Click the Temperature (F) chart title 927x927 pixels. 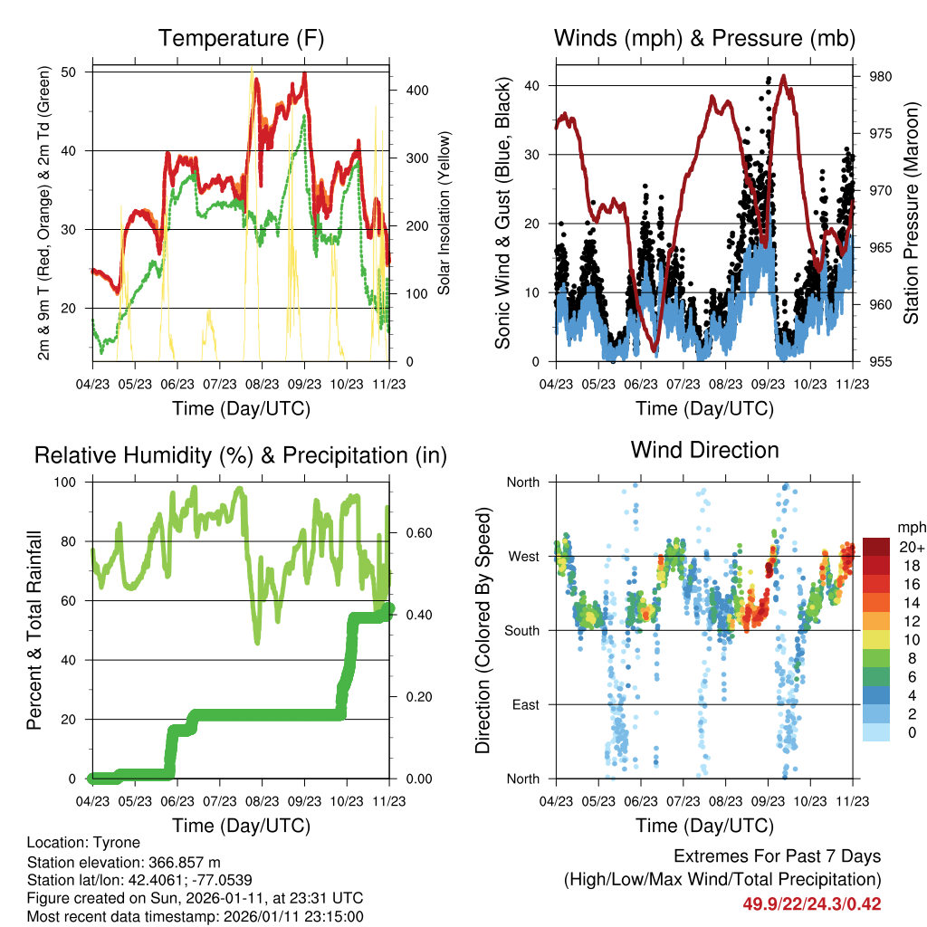(241, 38)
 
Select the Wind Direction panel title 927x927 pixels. (704, 450)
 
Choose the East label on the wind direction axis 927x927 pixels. (524, 704)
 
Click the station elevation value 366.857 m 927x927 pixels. (182, 862)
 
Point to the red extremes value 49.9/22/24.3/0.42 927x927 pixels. (812, 903)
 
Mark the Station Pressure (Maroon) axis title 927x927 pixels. (912, 213)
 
